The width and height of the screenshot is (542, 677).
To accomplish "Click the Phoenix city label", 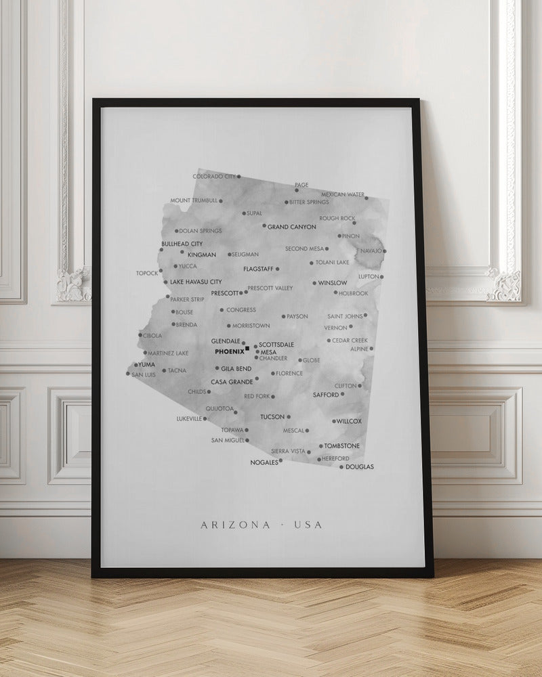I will coord(229,351).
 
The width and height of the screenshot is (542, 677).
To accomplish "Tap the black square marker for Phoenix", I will coord(248,349).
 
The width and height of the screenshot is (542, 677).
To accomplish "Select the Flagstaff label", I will coord(258,269).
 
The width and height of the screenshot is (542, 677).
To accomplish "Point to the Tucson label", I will coord(272,417).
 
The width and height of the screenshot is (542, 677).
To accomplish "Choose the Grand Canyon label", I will coord(292,227).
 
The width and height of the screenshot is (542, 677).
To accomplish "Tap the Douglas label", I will coord(360,466).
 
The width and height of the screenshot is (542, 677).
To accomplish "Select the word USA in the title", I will coord(309,525).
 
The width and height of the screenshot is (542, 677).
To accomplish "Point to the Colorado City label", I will coord(214,176).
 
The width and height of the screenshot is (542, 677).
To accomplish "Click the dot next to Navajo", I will coord(385,251).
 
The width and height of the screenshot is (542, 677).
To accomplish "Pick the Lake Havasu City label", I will coord(196,282).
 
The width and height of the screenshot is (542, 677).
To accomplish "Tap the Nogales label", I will coord(264,462).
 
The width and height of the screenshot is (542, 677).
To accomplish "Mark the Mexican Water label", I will coord(343,194).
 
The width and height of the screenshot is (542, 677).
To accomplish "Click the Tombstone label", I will coord(342,445).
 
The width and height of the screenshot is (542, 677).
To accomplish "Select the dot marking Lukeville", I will coord(205,419).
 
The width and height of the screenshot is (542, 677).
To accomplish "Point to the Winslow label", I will coord(333,282).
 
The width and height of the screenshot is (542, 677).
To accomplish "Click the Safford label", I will coord(326,394).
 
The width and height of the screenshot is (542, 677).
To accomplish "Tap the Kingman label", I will coord(202,255).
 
